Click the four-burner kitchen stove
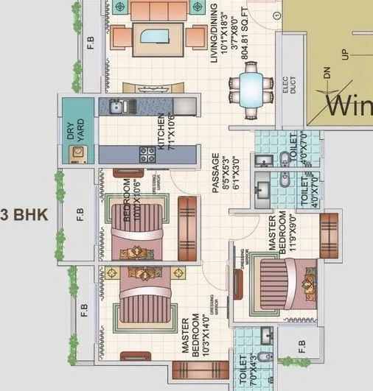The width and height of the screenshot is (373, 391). pos(147,154)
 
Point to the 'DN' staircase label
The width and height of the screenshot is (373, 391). pos(327,74)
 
